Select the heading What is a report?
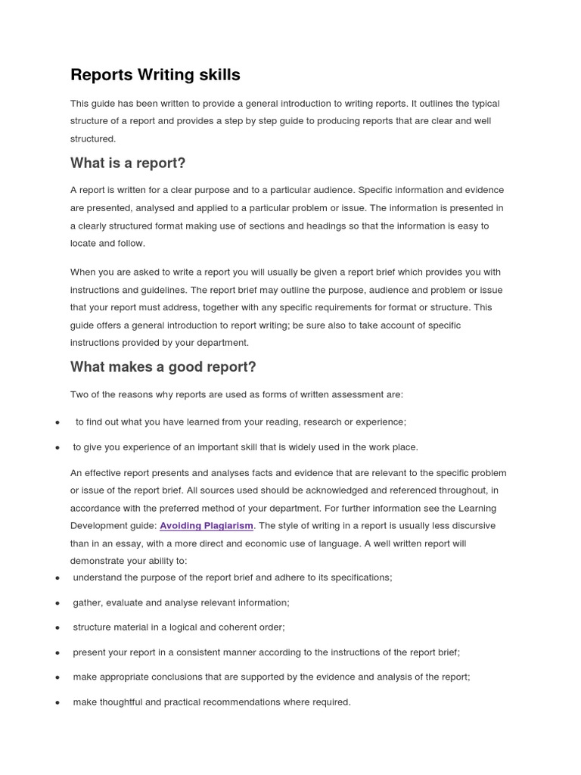(128, 163)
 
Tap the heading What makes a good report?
(163, 367)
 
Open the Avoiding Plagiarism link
(207, 525)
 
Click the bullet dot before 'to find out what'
(57, 422)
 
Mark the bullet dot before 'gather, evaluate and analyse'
(57, 603)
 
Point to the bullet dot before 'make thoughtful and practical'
(57, 703)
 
